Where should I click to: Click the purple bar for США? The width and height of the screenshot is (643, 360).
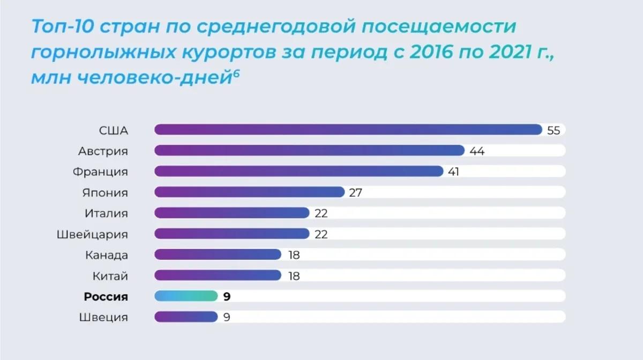[348, 130]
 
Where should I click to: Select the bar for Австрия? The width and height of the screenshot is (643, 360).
[309, 151]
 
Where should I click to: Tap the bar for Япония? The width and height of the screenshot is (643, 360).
[249, 192]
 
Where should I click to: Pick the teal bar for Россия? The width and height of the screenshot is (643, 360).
[186, 296]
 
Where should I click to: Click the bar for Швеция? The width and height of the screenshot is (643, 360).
[186, 317]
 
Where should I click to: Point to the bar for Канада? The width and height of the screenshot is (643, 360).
[218, 254]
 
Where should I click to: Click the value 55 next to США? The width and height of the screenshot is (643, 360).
[554, 130]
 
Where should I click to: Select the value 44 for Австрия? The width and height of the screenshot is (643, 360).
[477, 151]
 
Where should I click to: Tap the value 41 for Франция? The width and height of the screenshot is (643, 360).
[454, 172]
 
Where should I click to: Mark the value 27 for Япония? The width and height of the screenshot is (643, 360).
[356, 193]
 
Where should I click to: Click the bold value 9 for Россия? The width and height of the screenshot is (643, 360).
[227, 297]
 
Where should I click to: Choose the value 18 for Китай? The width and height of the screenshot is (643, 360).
[294, 276]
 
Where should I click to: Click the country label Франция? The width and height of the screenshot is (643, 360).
[101, 172]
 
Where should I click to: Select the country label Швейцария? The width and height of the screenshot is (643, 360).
[92, 235]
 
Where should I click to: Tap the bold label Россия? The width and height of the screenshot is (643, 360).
[106, 297]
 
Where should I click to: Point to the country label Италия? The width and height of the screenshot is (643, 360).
[106, 213]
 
